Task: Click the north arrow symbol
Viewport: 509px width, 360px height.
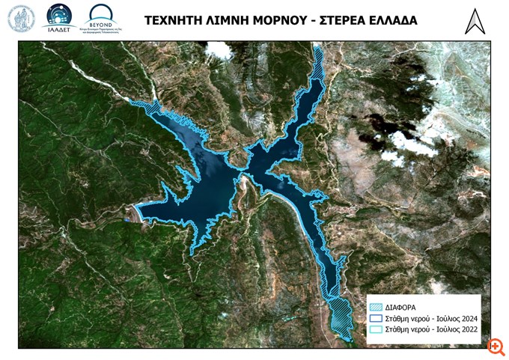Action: (x=475, y=21)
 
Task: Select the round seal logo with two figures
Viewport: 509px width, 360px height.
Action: (x=21, y=19)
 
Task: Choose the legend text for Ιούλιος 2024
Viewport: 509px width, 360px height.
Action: (x=433, y=318)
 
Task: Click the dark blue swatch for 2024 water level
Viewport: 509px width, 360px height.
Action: (x=377, y=318)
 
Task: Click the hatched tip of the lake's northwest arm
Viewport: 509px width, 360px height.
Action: (x=144, y=106)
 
